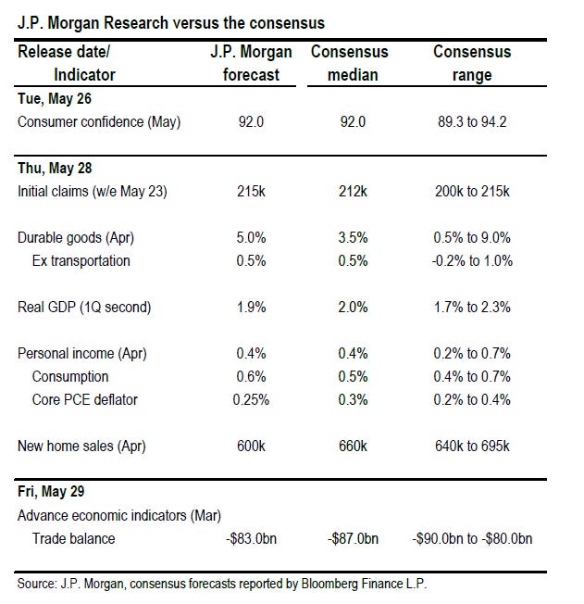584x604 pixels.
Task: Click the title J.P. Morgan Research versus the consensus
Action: [x=171, y=23]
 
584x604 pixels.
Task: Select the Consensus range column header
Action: [x=472, y=63]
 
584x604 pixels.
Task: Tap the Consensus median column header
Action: [x=350, y=63]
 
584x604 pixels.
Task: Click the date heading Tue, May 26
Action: [x=55, y=99]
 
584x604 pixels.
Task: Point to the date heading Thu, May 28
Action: [x=55, y=169]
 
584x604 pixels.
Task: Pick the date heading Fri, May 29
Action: [x=51, y=492]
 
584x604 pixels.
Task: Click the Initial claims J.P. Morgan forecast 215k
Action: [x=251, y=192]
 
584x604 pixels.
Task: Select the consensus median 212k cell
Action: [x=353, y=192]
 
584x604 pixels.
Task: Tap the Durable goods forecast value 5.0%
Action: [x=251, y=238]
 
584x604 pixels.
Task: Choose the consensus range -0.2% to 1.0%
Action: [x=472, y=261]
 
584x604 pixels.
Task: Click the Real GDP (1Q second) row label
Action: [x=84, y=308]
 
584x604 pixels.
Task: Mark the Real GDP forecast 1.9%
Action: [x=251, y=308]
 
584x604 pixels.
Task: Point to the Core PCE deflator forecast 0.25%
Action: [x=251, y=400]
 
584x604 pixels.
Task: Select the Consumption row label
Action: [x=70, y=377]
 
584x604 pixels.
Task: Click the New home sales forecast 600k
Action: [x=251, y=447]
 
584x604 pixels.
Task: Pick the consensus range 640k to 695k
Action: [x=472, y=447]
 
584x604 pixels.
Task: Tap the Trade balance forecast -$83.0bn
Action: [x=251, y=538]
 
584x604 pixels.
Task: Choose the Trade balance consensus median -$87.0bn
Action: [x=353, y=538]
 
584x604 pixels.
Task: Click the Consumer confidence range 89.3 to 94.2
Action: [x=472, y=122]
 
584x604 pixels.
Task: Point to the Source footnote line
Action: [x=222, y=584]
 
